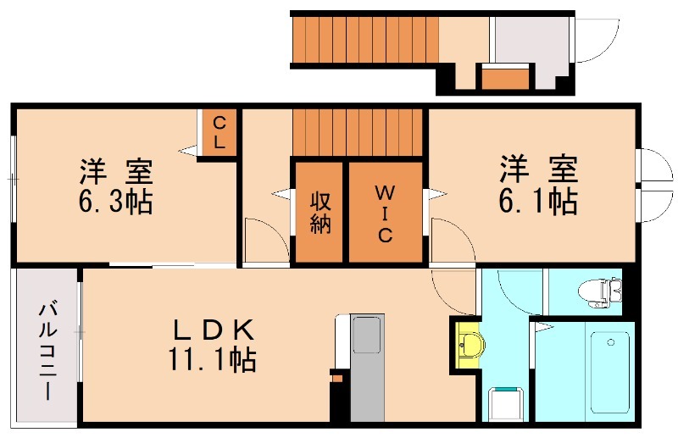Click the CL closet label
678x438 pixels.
219,132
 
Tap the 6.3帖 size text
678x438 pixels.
117,202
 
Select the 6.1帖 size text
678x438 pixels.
538,201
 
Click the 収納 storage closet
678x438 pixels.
320,212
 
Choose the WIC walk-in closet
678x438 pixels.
385,212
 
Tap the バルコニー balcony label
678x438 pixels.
47,352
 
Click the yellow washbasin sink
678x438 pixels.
468,345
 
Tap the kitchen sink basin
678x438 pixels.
367,335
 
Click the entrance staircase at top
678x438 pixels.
364,38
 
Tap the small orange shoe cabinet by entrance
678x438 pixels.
505,78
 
